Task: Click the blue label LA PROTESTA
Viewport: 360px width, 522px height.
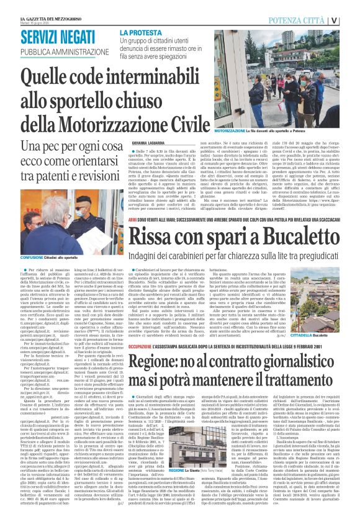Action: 142,32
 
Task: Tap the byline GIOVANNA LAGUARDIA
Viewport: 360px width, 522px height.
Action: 135,142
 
